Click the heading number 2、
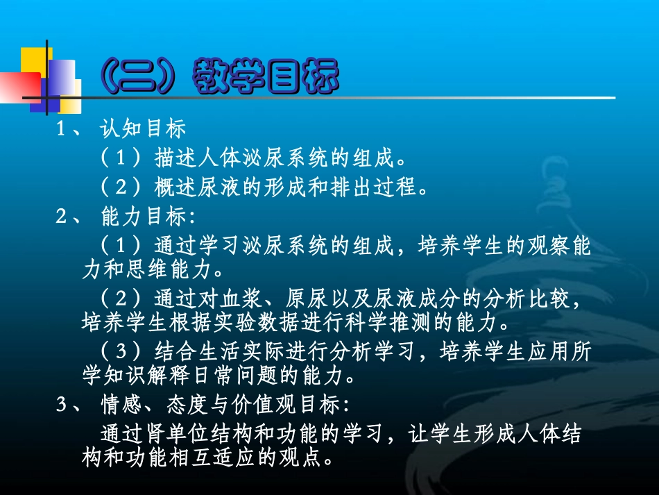tap(67, 217)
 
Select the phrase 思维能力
tap(160, 267)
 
